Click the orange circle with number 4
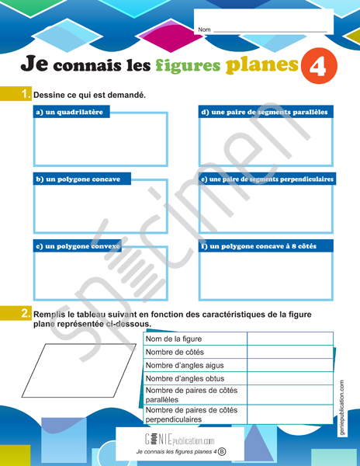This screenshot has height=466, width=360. [317, 67]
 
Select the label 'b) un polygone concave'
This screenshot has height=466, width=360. [78, 179]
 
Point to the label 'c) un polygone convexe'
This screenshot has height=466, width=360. [78, 246]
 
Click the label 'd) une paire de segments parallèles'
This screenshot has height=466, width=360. [265, 112]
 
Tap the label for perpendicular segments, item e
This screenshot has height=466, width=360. [266, 179]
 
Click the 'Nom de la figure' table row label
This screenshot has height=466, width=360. [174, 339]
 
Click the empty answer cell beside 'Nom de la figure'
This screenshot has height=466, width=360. [289, 339]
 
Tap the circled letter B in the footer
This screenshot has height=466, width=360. [222, 451]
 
